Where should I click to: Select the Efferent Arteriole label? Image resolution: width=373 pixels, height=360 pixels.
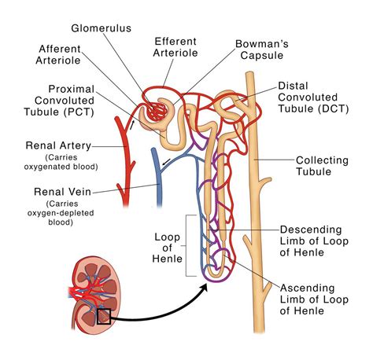point(176,46)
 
